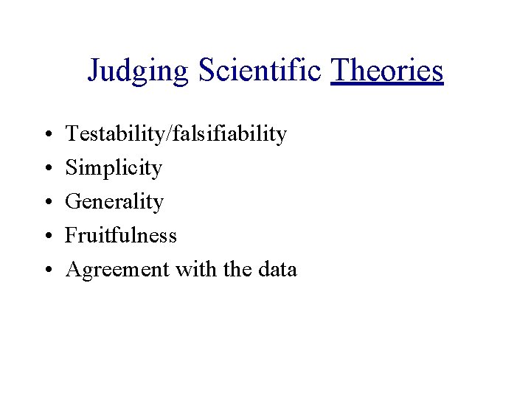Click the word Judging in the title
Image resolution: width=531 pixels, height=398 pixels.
point(139,71)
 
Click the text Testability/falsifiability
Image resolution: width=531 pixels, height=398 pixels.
point(176,134)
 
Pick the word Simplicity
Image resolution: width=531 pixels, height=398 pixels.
point(114,168)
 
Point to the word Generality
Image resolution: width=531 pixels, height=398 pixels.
point(114,202)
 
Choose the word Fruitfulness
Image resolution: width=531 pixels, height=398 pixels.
point(121,235)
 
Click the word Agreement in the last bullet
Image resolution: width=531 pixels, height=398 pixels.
point(117,270)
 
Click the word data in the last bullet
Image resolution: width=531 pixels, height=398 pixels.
point(277,269)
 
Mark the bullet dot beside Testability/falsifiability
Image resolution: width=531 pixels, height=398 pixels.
point(46,136)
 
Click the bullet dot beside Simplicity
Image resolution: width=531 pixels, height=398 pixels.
point(46,170)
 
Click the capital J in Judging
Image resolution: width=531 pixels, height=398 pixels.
point(94,70)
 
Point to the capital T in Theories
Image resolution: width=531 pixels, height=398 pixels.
point(341,69)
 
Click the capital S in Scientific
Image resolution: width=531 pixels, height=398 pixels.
point(204,69)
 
